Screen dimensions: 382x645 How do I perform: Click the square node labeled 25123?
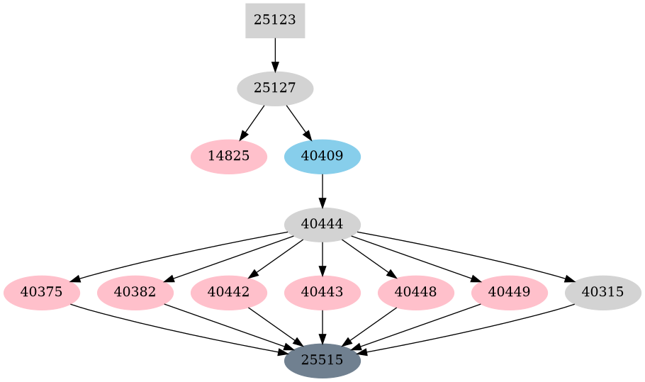(x=275, y=21)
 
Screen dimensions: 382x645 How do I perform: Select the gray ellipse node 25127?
(x=275, y=89)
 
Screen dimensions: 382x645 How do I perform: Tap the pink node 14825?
(x=229, y=157)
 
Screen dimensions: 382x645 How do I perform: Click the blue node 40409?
(x=322, y=157)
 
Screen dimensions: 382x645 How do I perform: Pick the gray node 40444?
(x=322, y=224)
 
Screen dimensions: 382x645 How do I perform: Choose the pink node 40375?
(x=42, y=292)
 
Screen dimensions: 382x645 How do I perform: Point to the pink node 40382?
(x=135, y=292)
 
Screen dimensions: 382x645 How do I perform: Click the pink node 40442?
(x=229, y=292)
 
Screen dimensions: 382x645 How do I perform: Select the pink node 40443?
(x=322, y=292)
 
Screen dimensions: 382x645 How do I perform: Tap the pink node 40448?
(x=416, y=292)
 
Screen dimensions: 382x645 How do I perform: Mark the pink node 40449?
(x=510, y=292)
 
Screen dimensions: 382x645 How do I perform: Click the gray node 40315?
(x=603, y=292)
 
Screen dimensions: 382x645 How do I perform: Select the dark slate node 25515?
(x=322, y=360)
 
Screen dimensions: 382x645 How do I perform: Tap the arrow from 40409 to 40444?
(x=322, y=190)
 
